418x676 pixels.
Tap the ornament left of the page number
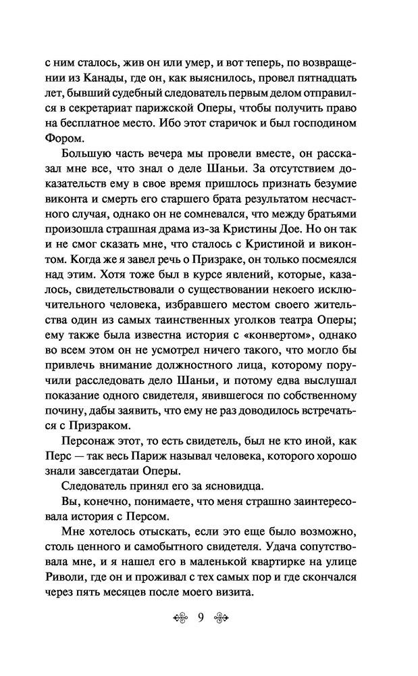click(x=180, y=617)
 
